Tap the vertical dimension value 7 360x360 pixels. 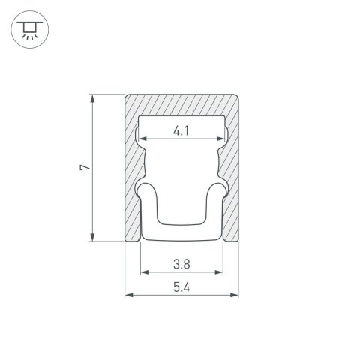(x=86, y=168)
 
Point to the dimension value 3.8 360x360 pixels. (x=180, y=263)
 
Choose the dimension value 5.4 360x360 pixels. (x=180, y=285)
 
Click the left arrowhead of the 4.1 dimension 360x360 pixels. (x=140, y=140)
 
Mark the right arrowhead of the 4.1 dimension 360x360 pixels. (x=223, y=140)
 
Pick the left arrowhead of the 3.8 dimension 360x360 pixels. (x=142, y=271)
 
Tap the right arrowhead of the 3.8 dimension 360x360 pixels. (x=221, y=271)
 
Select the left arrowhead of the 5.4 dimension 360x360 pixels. (x=126, y=293)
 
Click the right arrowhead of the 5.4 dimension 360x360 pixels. (x=236, y=293)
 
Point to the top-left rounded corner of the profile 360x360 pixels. (x=125, y=96)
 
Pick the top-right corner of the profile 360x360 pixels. (x=236, y=96)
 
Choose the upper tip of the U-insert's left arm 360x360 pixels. (x=143, y=187)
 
